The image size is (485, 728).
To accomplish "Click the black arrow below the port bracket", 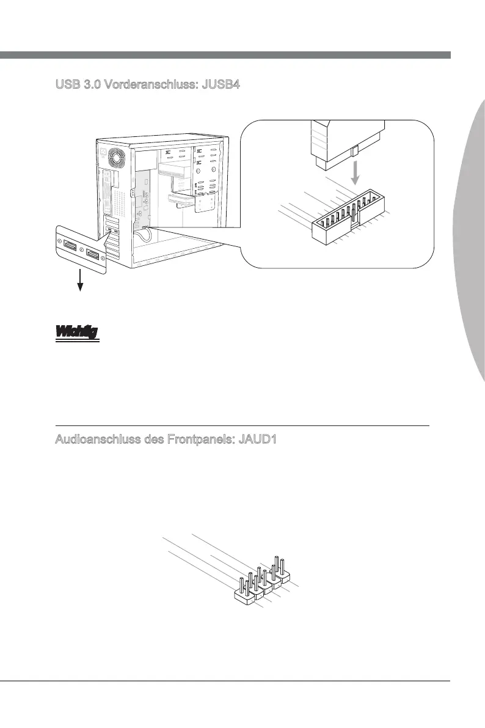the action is point(79,282).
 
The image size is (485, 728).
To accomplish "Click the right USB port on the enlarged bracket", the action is point(93,254).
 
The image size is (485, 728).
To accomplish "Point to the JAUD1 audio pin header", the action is point(264,582).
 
